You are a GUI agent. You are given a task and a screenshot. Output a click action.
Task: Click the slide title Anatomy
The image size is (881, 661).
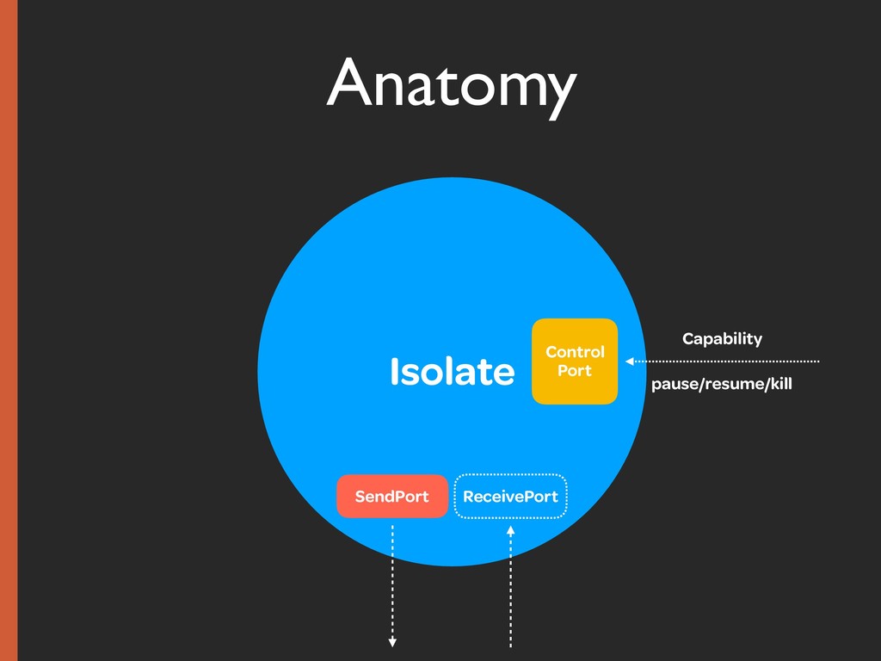click(450, 83)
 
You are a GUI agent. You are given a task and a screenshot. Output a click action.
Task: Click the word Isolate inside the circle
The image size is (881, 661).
click(452, 372)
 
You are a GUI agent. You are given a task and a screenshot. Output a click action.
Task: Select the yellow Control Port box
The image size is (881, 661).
click(575, 361)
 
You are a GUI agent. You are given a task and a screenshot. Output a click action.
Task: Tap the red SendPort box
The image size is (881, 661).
click(392, 497)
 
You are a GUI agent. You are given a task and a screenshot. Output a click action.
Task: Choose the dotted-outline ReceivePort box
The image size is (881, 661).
click(510, 497)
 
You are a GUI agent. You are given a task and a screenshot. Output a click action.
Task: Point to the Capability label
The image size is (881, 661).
click(722, 338)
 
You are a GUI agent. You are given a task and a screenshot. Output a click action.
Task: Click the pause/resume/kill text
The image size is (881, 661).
click(721, 384)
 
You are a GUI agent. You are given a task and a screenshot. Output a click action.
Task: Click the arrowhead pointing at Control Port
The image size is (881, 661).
click(630, 361)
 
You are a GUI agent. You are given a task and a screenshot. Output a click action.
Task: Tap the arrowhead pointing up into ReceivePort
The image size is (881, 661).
click(510, 531)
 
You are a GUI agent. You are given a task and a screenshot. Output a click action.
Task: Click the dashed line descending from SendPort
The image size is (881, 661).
click(392, 577)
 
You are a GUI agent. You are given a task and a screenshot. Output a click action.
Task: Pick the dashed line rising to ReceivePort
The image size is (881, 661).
click(510, 594)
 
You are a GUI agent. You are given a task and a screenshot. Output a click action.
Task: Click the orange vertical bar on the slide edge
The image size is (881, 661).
click(9, 330)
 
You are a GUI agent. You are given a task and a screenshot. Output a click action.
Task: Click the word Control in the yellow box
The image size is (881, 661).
click(575, 352)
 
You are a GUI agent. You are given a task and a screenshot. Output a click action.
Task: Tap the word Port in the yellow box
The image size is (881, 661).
click(575, 371)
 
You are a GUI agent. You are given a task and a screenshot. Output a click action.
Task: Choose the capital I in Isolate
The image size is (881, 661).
click(394, 372)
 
